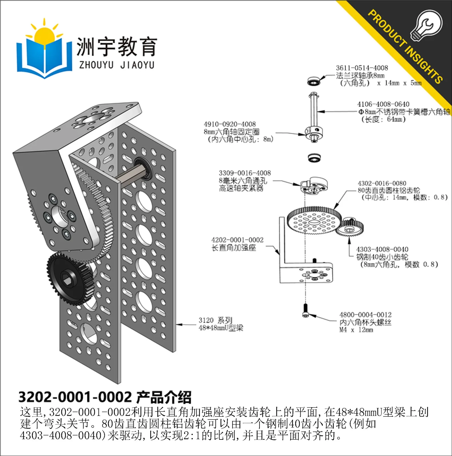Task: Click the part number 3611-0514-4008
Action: tap(362, 68)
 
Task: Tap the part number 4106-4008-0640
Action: tap(383, 104)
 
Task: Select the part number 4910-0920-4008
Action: tap(230, 124)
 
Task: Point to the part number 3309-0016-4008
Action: tap(245, 173)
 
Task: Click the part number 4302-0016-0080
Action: tap(382, 183)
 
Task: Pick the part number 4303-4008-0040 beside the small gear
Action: tap(382, 249)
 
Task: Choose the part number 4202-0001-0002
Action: tap(237, 240)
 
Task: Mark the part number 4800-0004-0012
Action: tap(365, 315)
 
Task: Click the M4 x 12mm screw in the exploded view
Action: tap(305, 310)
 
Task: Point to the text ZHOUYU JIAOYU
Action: tap(117, 65)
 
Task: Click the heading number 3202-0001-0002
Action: tap(75, 397)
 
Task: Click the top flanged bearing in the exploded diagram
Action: tap(314, 81)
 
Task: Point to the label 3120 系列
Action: tap(216, 320)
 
